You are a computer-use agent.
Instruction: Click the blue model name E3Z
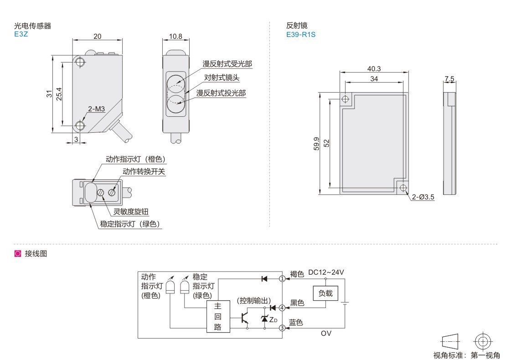pyautogui.click(x=21, y=34)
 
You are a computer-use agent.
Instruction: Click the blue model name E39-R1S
pyautogui.click(x=300, y=34)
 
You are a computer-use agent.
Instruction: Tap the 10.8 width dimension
pyautogui.click(x=176, y=37)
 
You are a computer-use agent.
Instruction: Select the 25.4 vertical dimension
pyautogui.click(x=59, y=94)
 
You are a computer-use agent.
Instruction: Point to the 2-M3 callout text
pyautogui.click(x=97, y=109)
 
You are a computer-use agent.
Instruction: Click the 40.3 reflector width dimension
pyautogui.click(x=374, y=68)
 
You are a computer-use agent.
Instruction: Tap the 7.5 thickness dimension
pyautogui.click(x=449, y=79)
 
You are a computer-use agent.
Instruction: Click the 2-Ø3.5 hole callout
pyautogui.click(x=423, y=197)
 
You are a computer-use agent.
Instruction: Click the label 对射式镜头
pyautogui.click(x=222, y=78)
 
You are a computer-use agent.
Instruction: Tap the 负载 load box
pyautogui.click(x=325, y=293)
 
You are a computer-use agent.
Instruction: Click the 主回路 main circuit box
pyautogui.click(x=218, y=316)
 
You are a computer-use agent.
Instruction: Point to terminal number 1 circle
pyautogui.click(x=283, y=278)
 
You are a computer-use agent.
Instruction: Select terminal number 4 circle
pyautogui.click(x=283, y=308)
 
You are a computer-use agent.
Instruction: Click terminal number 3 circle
pyautogui.click(x=283, y=328)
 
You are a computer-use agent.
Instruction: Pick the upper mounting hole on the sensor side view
pyautogui.click(x=80, y=62)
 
